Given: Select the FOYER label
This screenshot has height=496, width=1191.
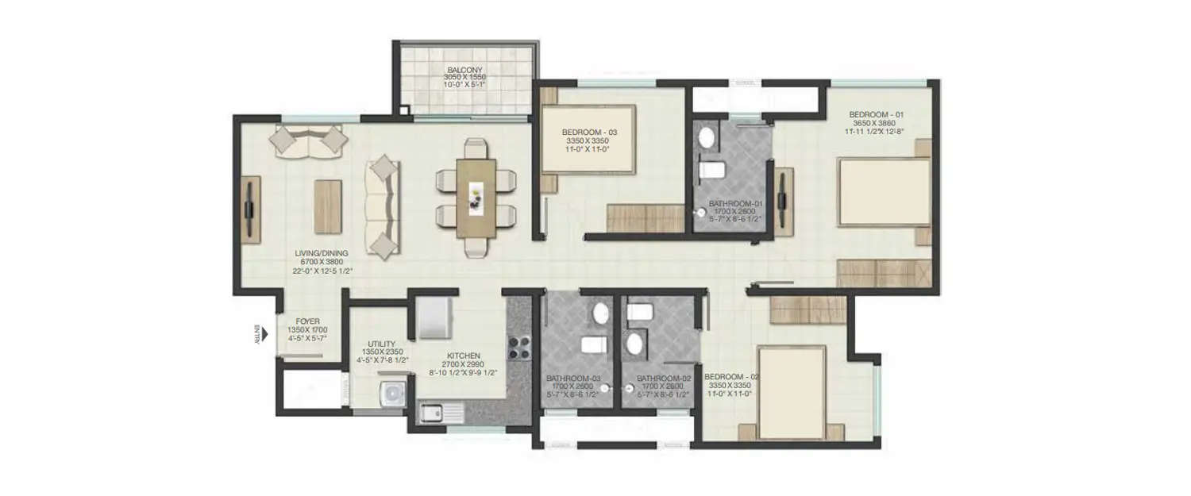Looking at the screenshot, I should click(x=306, y=321).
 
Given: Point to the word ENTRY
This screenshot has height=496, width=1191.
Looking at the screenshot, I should click(x=256, y=333).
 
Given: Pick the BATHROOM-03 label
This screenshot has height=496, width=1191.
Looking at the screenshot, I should click(x=571, y=378).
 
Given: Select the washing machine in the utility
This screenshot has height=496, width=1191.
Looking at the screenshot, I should click(x=390, y=393).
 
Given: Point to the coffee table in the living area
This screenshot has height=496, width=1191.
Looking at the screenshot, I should click(x=328, y=206).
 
